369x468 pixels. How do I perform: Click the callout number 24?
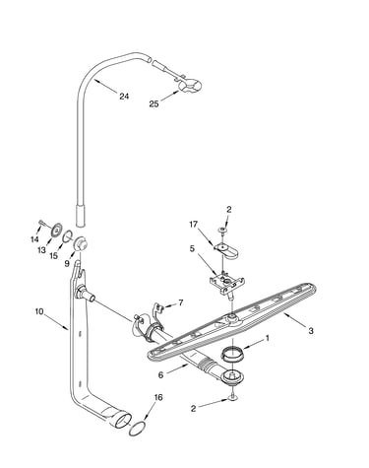(124, 97)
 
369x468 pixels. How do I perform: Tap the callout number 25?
(154, 104)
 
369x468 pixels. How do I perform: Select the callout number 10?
(39, 311)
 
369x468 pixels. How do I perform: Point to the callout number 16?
(158, 397)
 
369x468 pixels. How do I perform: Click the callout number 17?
(194, 224)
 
